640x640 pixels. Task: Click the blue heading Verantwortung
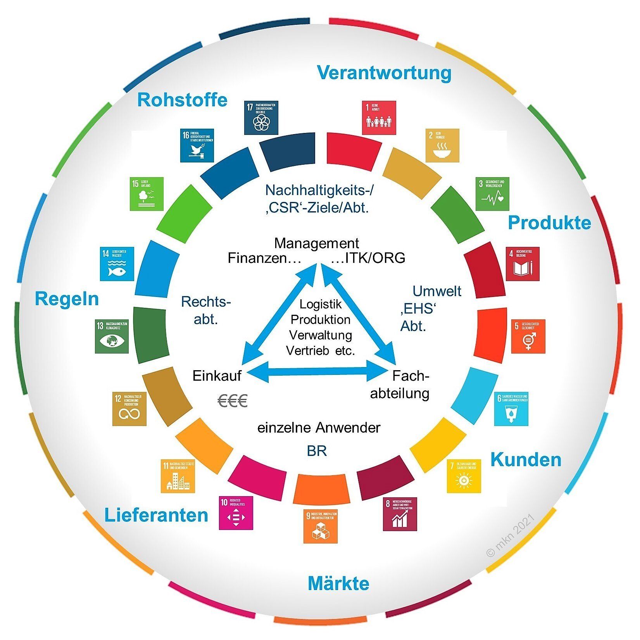pyautogui.click(x=384, y=72)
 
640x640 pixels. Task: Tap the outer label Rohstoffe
pyautogui.click(x=182, y=100)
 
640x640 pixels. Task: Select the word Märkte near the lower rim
pyautogui.click(x=338, y=583)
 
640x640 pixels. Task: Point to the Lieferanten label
pyautogui.click(x=156, y=515)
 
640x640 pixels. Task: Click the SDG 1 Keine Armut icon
pyautogui.click(x=379, y=118)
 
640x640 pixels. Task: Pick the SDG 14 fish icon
pyautogui.click(x=117, y=264)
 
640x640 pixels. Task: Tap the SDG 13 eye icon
pyautogui.click(x=112, y=336)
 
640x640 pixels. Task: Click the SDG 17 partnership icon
pyautogui.click(x=261, y=118)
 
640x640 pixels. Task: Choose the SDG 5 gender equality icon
pyautogui.click(x=528, y=336)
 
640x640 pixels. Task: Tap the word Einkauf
pyautogui.click(x=217, y=376)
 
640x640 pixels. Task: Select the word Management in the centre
pyautogui.click(x=317, y=243)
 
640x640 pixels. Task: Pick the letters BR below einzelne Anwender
pyautogui.click(x=317, y=451)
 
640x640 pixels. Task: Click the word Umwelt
pyautogui.click(x=437, y=291)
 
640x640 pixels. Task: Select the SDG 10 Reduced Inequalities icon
pyautogui.click(x=236, y=513)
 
